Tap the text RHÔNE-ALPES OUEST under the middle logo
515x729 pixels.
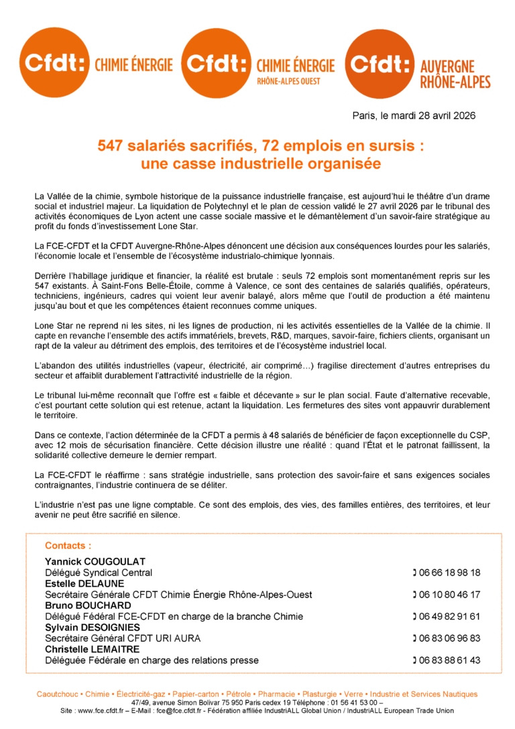click(289, 81)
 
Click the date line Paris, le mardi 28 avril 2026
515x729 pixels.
click(414, 115)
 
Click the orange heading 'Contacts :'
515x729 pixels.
click(68, 546)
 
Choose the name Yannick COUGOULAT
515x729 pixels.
click(95, 561)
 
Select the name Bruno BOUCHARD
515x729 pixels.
click(88, 605)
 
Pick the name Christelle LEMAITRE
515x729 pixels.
click(92, 649)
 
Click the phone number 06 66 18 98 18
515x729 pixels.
click(449, 573)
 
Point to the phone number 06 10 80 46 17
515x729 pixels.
click(449, 595)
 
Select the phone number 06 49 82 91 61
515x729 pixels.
click(449, 616)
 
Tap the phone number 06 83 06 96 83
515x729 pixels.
click(449, 638)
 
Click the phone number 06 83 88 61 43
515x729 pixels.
click(449, 661)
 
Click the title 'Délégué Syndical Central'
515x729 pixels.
click(99, 573)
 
